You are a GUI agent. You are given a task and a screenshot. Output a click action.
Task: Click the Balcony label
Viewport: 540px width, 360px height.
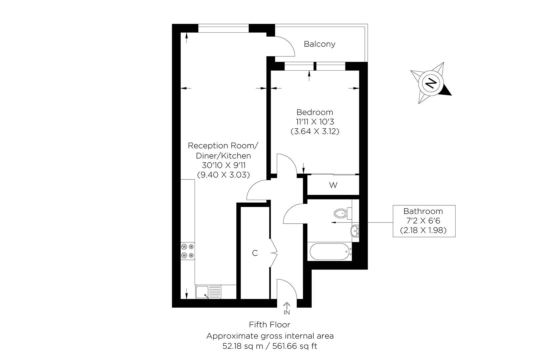coord(319,44)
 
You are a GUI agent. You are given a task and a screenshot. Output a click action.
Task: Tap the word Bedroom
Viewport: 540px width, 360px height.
coord(315,112)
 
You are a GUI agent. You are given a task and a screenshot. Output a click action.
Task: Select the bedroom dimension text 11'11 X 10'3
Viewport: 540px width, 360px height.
coord(315,122)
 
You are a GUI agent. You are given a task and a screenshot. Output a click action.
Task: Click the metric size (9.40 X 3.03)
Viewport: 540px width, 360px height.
coord(223,174)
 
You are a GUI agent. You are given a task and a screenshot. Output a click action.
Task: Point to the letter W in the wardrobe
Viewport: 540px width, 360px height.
coord(333,185)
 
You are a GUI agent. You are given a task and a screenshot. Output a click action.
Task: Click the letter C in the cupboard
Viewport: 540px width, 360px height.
coord(255,253)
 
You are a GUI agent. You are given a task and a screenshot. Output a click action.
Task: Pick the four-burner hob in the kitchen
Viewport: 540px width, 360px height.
coord(187,251)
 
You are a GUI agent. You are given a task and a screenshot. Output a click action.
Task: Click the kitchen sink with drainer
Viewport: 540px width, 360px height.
coord(208,292)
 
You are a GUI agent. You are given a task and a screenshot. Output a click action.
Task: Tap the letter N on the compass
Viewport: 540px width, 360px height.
coord(431,83)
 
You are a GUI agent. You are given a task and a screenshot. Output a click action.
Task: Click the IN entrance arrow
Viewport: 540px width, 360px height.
coord(287,306)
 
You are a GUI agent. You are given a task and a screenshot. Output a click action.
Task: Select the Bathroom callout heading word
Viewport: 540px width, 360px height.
coord(423,211)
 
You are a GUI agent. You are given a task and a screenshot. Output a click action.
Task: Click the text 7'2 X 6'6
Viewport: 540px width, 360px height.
coord(423,221)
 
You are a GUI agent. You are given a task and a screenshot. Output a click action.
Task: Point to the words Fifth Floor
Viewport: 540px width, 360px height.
coord(270,324)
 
